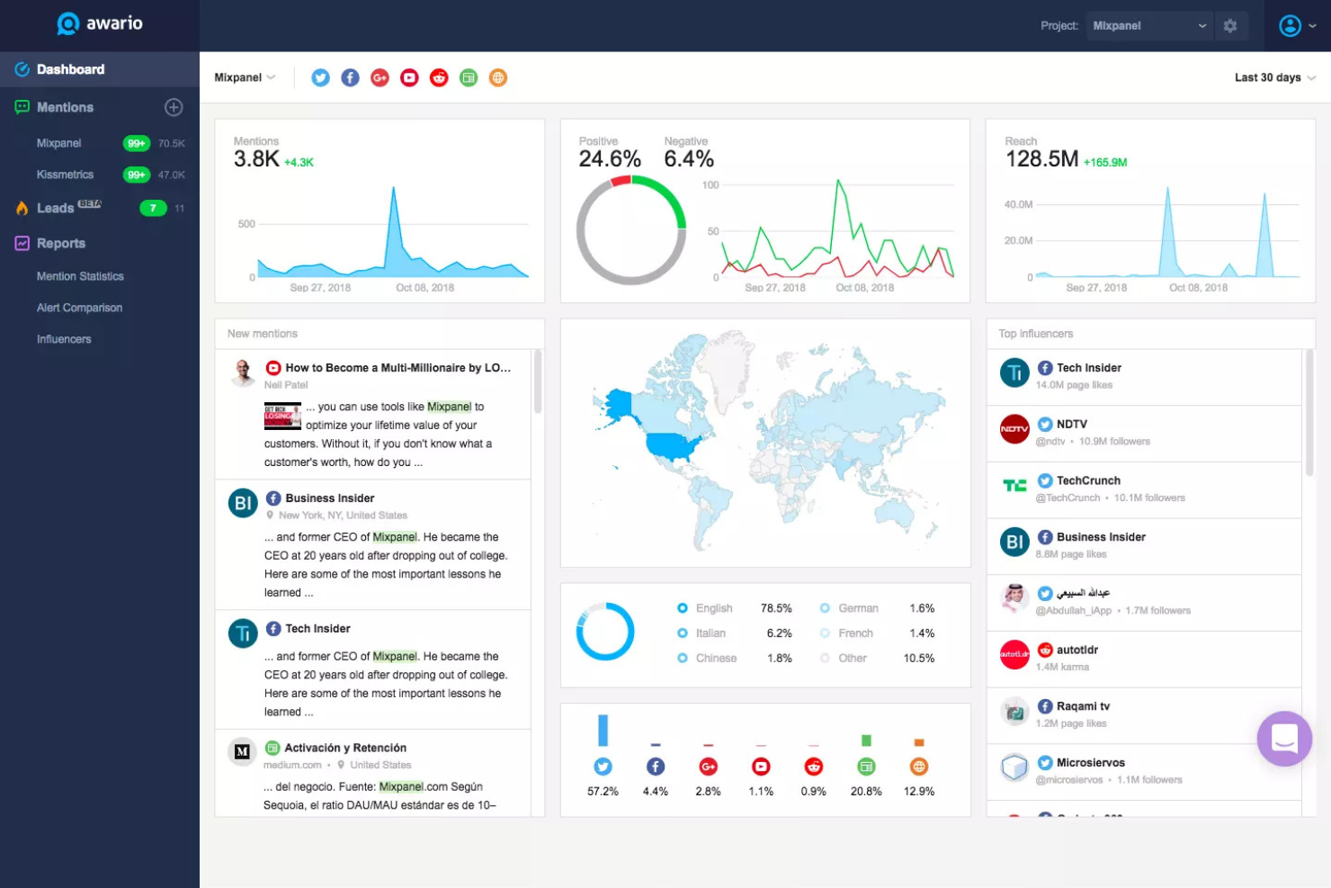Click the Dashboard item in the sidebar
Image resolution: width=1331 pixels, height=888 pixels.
(70, 69)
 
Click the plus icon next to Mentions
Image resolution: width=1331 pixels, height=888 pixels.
(174, 107)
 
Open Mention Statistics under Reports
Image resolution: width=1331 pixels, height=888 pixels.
(80, 276)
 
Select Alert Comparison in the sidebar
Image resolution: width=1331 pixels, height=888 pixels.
(79, 308)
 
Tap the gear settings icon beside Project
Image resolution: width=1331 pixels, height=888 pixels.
(1230, 26)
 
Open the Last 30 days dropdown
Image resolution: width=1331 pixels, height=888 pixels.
(1273, 77)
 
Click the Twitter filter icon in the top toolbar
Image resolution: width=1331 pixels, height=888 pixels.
(320, 77)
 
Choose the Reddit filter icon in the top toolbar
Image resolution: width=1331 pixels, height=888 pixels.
(439, 77)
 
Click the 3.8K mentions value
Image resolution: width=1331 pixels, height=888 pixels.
(256, 159)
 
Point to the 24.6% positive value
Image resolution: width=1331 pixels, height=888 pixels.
(610, 159)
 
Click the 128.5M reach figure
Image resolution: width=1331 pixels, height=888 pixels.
(1041, 159)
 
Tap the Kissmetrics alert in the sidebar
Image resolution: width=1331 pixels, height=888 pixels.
(65, 175)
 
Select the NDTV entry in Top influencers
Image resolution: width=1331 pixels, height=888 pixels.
(1071, 424)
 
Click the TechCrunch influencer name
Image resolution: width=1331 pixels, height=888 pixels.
(1088, 480)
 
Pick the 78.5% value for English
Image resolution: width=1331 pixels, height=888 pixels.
(776, 608)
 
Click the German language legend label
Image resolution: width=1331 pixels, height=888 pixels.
(858, 608)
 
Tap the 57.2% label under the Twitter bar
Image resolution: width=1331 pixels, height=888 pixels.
(603, 792)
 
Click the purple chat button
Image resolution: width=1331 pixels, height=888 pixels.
(1284, 739)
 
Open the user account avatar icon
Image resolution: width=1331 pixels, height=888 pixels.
(1290, 26)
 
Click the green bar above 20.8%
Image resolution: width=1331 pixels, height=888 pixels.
(866, 740)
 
